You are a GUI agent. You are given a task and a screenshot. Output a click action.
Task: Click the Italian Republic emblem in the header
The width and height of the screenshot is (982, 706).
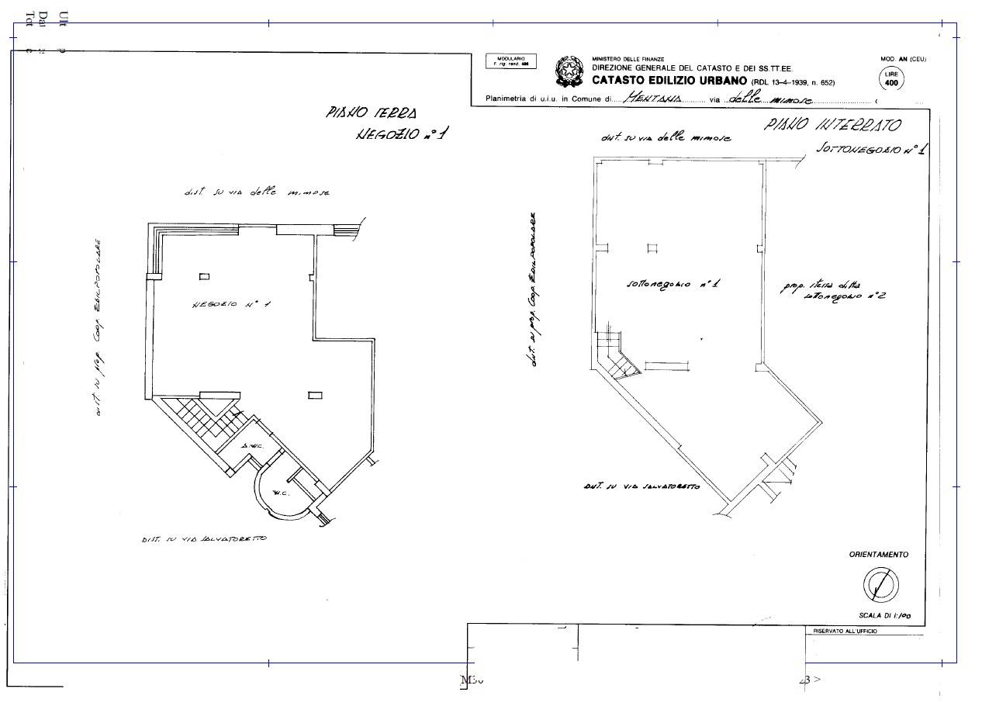[x=570, y=71]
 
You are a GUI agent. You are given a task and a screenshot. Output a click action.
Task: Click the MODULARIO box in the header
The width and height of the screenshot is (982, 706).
[x=511, y=61]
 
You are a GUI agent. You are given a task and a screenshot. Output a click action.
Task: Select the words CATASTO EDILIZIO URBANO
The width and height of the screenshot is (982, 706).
[x=669, y=81]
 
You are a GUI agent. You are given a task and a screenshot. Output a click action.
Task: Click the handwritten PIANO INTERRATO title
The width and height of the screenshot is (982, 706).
[x=832, y=124]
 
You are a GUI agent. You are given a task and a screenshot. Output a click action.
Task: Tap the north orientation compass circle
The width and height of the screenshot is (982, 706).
[x=881, y=584]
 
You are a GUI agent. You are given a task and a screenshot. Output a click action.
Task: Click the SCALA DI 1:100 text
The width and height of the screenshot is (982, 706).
[x=884, y=615]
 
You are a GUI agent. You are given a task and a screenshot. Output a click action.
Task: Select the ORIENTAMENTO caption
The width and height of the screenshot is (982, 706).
[x=878, y=555]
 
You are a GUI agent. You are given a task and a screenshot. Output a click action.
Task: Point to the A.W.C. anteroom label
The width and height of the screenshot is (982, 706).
[x=251, y=447]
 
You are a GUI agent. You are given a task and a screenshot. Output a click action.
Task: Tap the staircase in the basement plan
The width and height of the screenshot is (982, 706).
[x=617, y=359]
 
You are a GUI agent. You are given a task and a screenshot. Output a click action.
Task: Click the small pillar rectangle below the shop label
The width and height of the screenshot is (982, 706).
[x=315, y=396]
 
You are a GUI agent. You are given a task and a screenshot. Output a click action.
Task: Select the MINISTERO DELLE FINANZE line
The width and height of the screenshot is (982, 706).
[x=628, y=59]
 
